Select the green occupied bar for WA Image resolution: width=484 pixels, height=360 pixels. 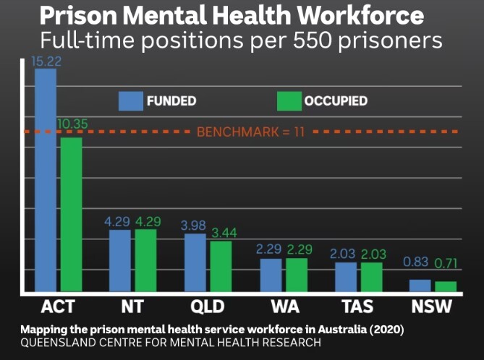tap(297, 274)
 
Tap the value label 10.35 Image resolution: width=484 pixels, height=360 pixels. tap(72, 124)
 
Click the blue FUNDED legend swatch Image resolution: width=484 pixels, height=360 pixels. tap(131, 101)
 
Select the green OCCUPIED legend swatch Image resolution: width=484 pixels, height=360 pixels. tap(289, 101)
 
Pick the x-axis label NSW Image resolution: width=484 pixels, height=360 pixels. tap(431, 306)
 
